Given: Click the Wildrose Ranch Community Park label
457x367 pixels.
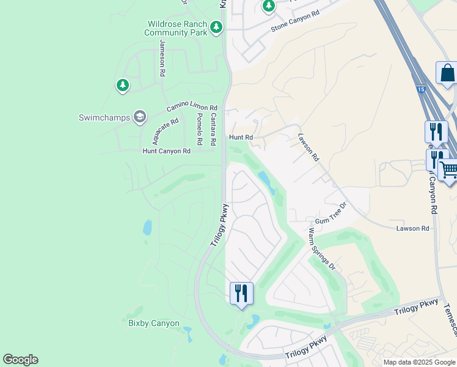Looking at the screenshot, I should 177,28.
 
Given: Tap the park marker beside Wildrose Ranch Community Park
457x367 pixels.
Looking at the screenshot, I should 216,27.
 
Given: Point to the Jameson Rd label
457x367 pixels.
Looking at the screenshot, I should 163,58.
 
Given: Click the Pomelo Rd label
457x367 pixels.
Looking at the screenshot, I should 199,128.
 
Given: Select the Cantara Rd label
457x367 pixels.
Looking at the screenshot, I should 213,128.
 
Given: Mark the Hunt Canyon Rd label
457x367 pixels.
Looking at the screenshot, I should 166,150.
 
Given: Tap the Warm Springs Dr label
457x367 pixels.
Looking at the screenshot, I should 322,249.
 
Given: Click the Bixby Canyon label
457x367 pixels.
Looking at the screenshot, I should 154,323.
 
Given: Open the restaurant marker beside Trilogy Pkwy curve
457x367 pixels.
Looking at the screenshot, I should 241,292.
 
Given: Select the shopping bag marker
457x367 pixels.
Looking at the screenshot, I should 447,73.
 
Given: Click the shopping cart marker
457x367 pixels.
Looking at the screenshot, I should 448,170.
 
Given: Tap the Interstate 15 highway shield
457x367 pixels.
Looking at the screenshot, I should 421,89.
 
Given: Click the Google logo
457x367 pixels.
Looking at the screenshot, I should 20,360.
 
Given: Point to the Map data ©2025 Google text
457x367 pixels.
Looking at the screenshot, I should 419,362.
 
